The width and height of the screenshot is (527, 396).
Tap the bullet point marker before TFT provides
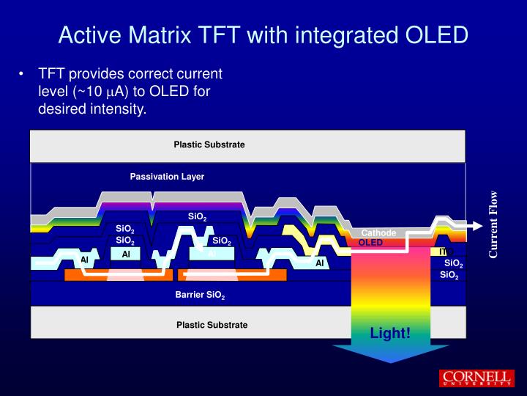[23, 74]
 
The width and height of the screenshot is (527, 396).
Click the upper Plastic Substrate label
[209, 144]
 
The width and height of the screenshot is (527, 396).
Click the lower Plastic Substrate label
[212, 325]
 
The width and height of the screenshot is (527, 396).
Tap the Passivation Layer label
[167, 177]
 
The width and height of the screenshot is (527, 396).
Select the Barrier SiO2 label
[199, 296]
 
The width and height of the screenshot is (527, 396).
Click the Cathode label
[378, 233]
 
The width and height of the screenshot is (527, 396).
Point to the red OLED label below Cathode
[370, 243]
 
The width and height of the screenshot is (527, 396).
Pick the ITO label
[446, 252]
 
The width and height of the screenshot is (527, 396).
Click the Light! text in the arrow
[390, 334]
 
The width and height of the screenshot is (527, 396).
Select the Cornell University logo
[475, 378]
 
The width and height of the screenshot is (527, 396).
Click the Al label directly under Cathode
[320, 263]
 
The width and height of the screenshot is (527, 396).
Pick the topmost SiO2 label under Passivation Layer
[197, 217]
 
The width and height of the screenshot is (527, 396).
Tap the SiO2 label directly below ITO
[453, 263]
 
